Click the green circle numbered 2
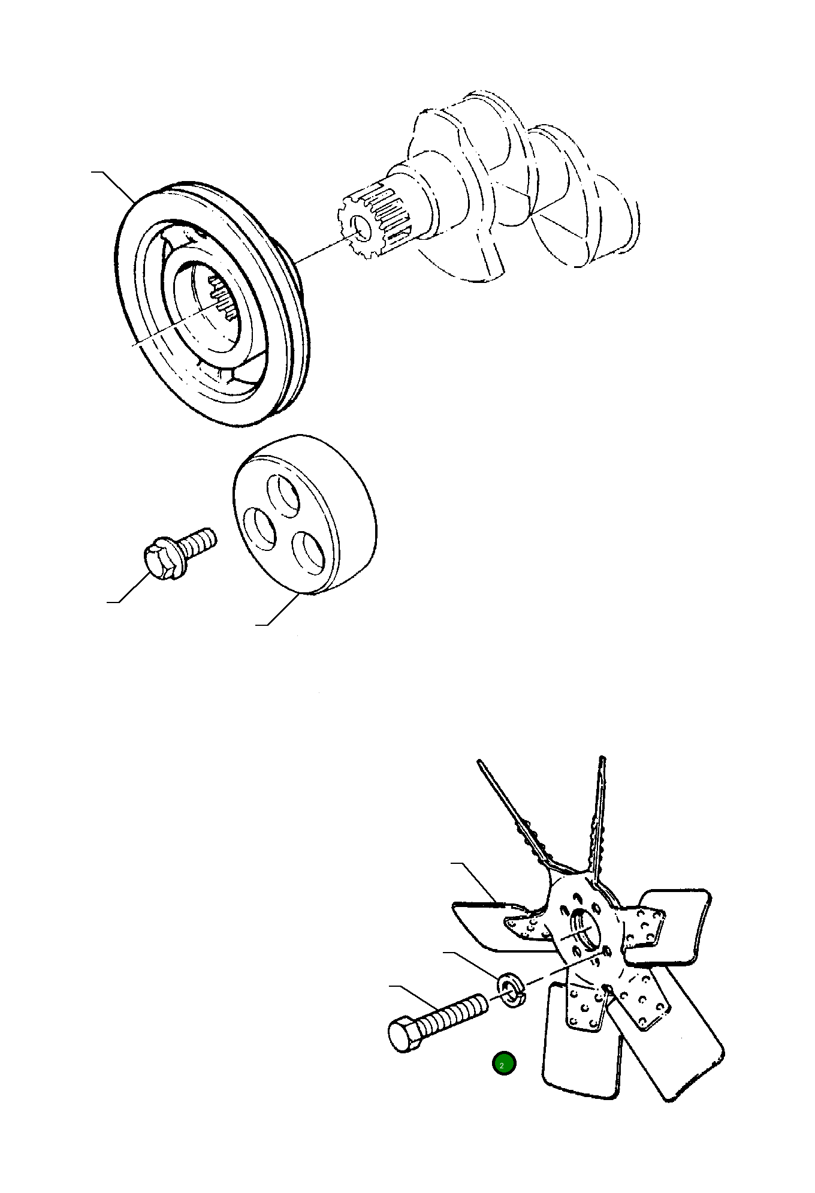503,1064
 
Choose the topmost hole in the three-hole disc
283,495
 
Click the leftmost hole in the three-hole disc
259,528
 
